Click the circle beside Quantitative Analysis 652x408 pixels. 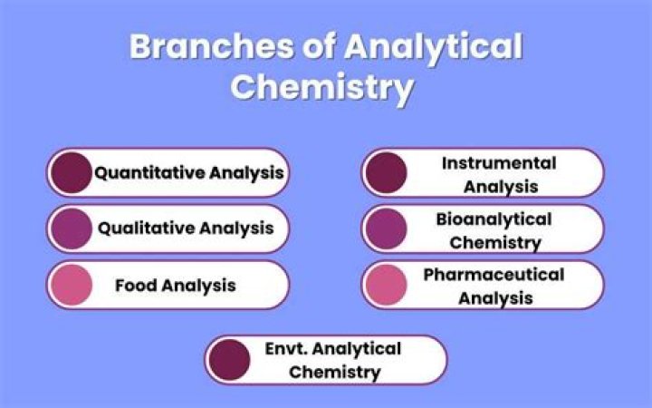[71, 172]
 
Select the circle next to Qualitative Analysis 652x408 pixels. [71, 228]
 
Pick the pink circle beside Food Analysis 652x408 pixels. [71, 285]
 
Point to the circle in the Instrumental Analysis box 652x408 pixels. [385, 173]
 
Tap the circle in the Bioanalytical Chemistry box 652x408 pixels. [385, 228]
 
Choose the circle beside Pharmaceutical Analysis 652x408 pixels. [385, 285]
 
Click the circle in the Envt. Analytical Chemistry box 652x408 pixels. [228, 360]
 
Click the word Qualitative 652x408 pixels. [145, 228]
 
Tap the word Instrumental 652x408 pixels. [499, 163]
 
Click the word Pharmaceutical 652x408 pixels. [494, 275]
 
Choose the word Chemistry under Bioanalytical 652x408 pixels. [495, 242]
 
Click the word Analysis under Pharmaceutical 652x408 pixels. [495, 297]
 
